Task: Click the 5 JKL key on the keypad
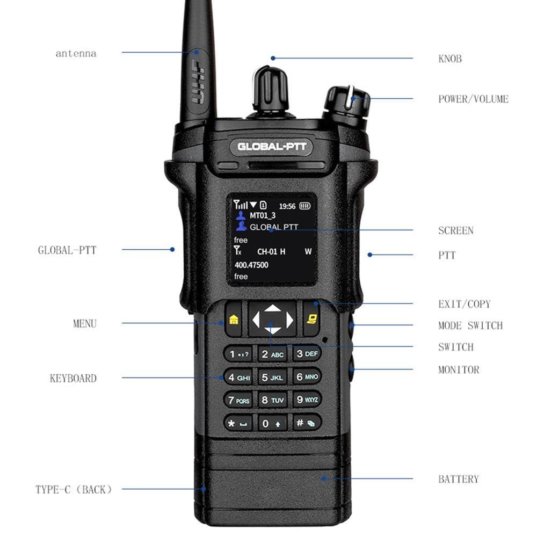click(272, 378)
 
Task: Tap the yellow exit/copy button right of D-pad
click(311, 320)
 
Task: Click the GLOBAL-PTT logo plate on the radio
click(272, 147)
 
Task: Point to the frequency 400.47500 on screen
click(251, 265)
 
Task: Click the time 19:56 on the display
click(287, 205)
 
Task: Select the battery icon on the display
click(306, 205)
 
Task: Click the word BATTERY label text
click(458, 479)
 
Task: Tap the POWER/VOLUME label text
click(473, 99)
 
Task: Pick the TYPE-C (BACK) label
click(74, 490)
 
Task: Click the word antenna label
click(76, 53)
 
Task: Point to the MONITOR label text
click(458, 369)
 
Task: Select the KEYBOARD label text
click(73, 378)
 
